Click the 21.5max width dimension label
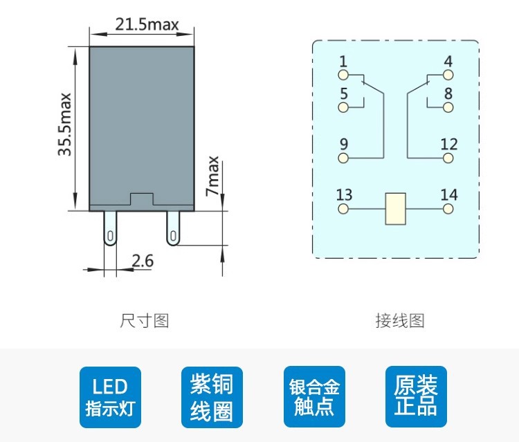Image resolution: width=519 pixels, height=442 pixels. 147,26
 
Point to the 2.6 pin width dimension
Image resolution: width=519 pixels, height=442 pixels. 143,261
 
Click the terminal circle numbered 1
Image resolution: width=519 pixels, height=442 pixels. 343,74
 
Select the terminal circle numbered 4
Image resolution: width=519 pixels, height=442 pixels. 448,74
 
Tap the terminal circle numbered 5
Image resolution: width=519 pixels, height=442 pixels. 343,107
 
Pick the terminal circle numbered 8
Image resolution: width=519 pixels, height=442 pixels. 448,107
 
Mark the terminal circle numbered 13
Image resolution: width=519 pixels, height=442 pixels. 343,208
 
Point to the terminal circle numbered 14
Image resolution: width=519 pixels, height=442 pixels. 448,208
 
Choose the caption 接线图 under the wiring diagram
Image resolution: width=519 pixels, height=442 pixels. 400,321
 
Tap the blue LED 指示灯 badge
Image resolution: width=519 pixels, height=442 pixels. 110,397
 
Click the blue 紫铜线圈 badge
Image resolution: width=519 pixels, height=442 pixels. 212,397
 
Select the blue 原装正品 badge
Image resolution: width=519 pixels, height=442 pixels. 416,397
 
